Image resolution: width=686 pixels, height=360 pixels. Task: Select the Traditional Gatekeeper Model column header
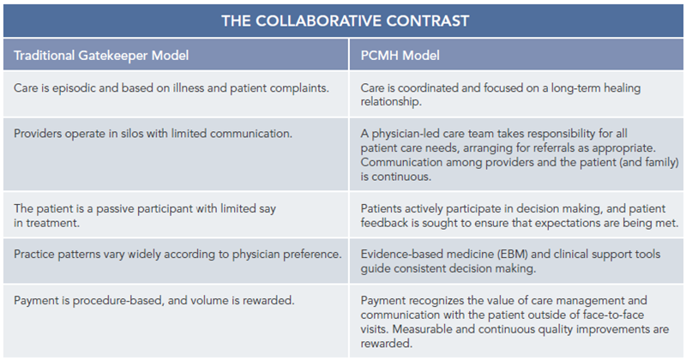coord(101,56)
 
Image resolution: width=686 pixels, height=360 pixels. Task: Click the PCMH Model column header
coord(400,56)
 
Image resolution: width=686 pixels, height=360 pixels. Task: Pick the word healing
coord(623,88)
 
